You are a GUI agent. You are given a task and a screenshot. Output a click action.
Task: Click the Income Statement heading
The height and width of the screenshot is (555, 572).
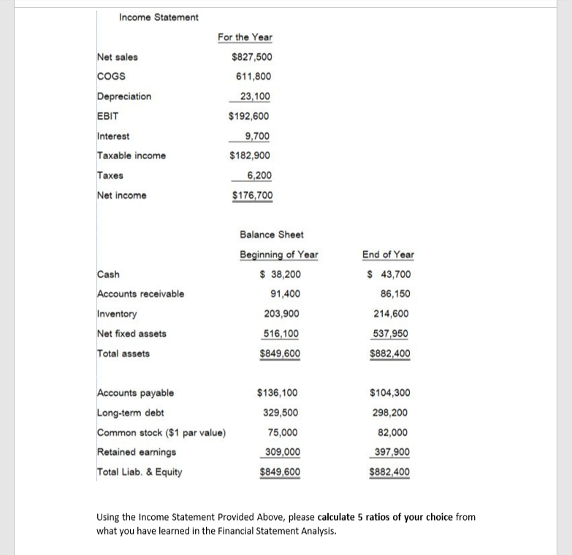click(x=159, y=17)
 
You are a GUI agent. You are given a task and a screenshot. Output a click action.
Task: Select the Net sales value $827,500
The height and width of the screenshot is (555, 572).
click(x=251, y=57)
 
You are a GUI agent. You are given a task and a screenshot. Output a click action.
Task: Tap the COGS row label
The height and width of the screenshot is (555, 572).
click(x=111, y=77)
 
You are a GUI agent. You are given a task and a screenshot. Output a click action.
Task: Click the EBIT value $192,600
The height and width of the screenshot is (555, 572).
click(x=249, y=116)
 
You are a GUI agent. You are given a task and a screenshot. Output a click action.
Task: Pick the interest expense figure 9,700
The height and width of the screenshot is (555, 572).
click(x=258, y=136)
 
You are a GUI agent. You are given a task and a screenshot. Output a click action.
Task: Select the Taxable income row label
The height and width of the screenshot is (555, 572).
click(x=131, y=156)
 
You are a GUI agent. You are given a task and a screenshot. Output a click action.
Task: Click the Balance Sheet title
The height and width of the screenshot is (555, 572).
click(x=271, y=234)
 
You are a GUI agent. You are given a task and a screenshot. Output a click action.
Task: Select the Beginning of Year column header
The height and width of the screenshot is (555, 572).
click(x=278, y=254)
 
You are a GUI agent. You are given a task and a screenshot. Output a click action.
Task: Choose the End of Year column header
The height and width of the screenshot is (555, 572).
click(x=387, y=254)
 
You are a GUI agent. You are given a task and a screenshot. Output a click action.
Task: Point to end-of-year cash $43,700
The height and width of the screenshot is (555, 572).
click(x=389, y=275)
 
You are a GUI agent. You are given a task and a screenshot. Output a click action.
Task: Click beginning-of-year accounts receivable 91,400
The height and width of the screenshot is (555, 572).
click(x=281, y=294)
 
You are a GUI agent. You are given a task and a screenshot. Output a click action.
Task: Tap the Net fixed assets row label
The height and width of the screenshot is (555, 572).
click(x=131, y=334)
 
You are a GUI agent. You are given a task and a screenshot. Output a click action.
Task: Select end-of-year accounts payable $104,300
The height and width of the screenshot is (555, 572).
click(x=389, y=393)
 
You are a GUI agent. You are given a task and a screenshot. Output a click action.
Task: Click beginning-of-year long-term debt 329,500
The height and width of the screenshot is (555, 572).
click(x=281, y=413)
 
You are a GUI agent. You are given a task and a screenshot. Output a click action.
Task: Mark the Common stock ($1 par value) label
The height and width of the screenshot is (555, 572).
click(x=161, y=432)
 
